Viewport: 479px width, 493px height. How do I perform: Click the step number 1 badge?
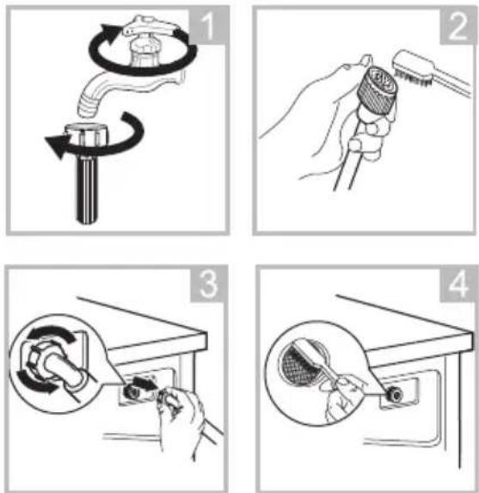click(208, 25)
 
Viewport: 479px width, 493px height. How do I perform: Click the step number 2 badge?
click(457, 27)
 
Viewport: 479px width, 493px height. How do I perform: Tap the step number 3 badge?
click(208, 284)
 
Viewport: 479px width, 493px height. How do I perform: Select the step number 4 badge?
click(458, 285)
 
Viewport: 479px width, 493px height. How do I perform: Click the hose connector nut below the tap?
click(85, 134)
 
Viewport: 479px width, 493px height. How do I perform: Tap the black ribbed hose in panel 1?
click(88, 188)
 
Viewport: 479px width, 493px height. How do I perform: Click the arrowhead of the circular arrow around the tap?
click(110, 34)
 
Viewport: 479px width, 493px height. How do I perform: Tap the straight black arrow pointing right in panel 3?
click(144, 383)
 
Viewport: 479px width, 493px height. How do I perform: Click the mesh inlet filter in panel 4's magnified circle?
click(297, 365)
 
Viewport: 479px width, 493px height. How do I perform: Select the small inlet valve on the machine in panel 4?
click(394, 393)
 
